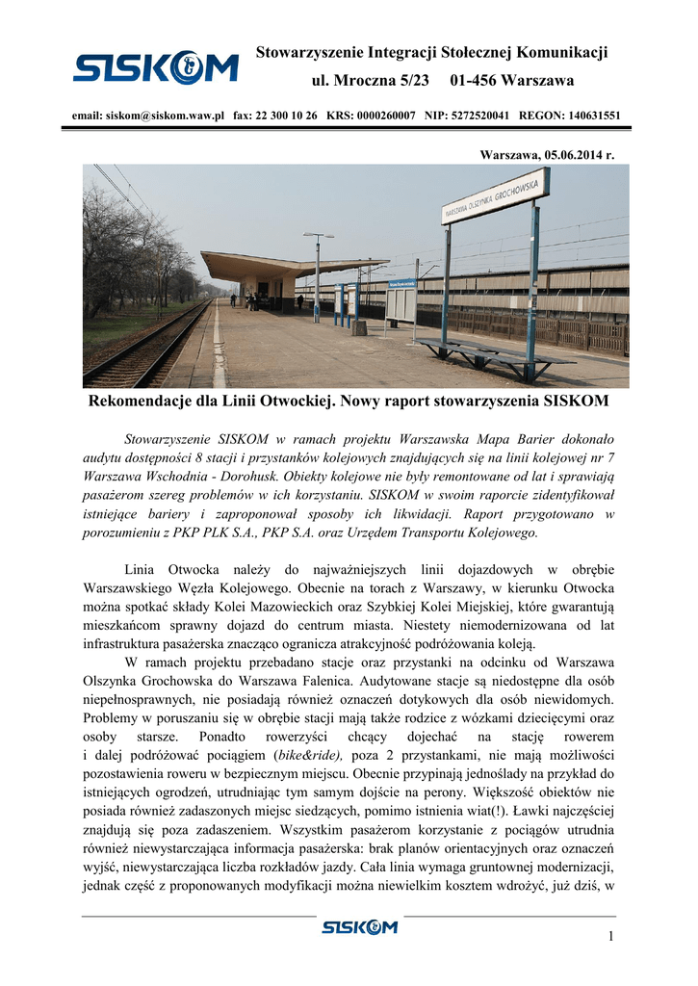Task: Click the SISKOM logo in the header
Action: point(155,67)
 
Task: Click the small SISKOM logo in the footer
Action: point(359,926)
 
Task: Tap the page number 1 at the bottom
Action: point(610,937)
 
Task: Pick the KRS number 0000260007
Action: point(384,115)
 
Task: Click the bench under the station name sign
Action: point(491,351)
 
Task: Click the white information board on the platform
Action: point(401,304)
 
